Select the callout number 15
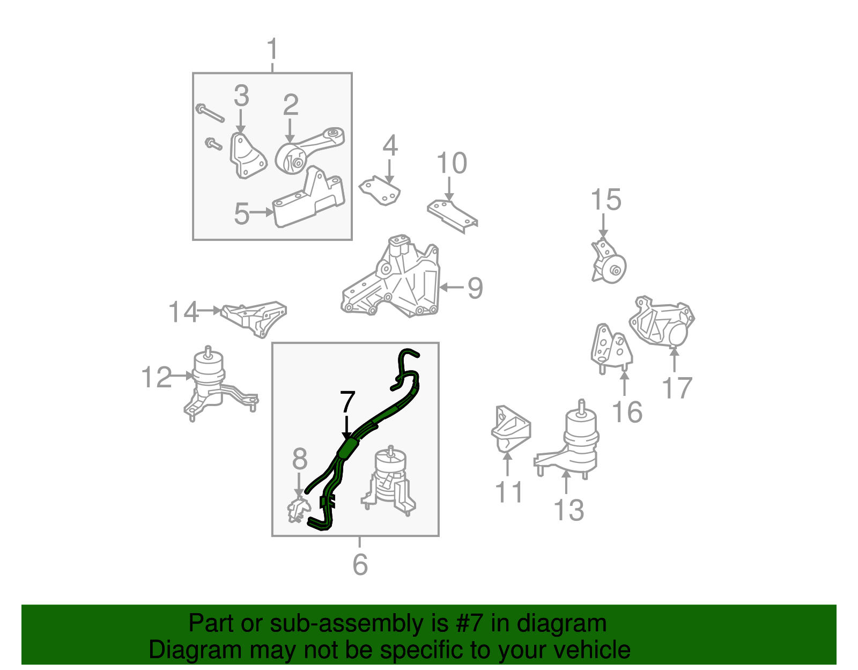(x=605, y=200)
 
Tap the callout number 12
(x=157, y=377)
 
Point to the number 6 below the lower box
(x=360, y=564)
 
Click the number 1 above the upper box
(x=272, y=49)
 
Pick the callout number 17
(x=677, y=388)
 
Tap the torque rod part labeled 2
(x=309, y=150)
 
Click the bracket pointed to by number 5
(x=309, y=197)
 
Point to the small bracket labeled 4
(x=380, y=190)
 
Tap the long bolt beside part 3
(x=210, y=113)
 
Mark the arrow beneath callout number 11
(x=507, y=464)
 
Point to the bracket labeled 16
(x=611, y=349)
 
